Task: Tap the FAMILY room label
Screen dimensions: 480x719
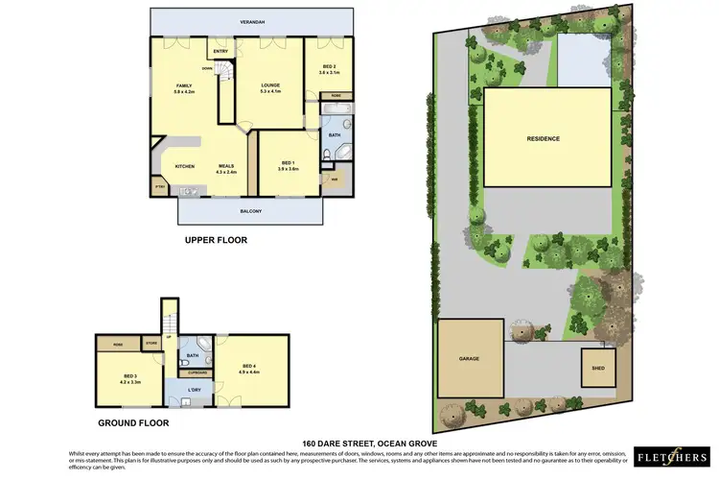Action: point(184,86)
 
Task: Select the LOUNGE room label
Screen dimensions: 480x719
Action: point(271,86)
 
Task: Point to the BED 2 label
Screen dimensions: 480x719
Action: point(328,66)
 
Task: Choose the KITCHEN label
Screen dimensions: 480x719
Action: point(185,166)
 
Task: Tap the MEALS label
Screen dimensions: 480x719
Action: point(226,166)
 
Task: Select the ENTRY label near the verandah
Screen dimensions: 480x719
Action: point(220,51)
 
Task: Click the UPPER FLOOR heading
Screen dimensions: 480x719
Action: point(216,240)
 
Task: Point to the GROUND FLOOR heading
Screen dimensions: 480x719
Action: point(134,422)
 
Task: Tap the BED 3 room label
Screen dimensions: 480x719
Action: point(129,377)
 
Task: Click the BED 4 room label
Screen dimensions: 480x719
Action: point(249,366)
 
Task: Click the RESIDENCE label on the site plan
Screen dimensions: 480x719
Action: point(543,138)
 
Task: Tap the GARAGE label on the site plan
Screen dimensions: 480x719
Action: point(469,358)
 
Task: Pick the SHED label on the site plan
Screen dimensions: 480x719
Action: point(599,367)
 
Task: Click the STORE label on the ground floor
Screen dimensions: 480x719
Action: point(151,342)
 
